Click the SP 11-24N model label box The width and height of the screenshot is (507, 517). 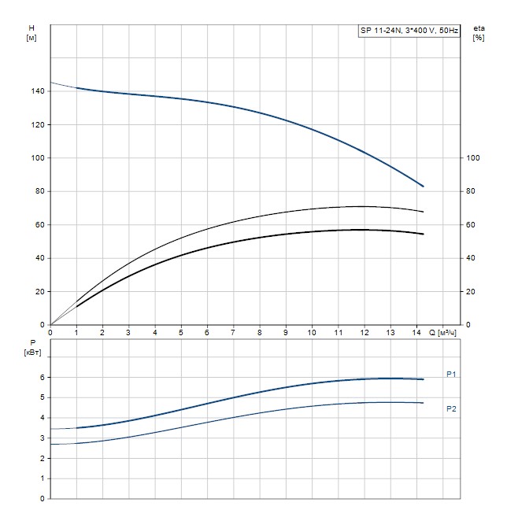click(409, 31)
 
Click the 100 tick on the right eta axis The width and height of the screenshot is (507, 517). click(473, 158)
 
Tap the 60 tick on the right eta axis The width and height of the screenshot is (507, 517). click(471, 225)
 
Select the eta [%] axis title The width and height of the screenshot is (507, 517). click(479, 32)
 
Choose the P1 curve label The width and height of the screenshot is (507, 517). click(451, 375)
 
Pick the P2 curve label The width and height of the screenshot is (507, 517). click(451, 408)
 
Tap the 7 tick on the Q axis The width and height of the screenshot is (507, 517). click(233, 331)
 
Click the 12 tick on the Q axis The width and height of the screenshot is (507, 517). click(364, 331)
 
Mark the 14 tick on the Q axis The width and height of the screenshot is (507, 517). click(416, 331)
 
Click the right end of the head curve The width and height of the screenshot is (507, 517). click(424, 186)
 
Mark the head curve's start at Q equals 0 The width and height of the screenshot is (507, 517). click(50, 83)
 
